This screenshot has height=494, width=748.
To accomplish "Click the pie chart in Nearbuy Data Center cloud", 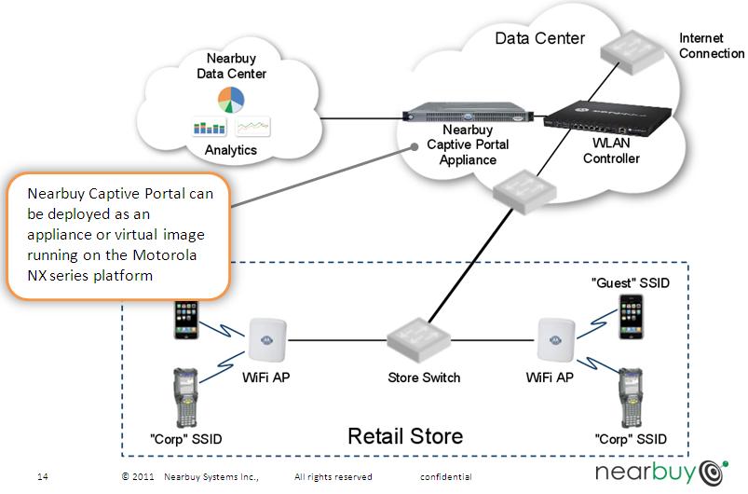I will (230, 98).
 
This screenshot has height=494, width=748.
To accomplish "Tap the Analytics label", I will (230, 149).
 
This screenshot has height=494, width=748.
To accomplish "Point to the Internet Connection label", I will (712, 46).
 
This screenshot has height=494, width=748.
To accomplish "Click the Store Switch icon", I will (424, 342).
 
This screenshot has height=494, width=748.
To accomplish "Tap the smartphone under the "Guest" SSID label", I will (632, 316).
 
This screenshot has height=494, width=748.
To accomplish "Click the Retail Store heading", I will (405, 435).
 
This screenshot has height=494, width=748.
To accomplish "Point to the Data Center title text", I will (539, 38).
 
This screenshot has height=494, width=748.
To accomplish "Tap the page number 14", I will (43, 477).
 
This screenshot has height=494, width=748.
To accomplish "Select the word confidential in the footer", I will (445, 477).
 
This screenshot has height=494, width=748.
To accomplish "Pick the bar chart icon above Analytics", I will (210, 126).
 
